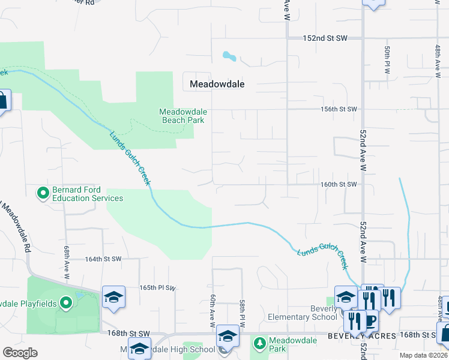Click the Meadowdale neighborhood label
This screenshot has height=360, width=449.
coord(217,85)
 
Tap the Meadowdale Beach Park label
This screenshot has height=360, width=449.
coord(182,116)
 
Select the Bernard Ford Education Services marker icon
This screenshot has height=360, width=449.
coord(43,193)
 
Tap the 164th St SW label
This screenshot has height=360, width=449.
coord(103,259)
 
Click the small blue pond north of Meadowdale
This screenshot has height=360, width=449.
coord(229,56)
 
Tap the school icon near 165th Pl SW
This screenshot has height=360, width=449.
coord(113,297)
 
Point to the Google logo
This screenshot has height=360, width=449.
coord(20,353)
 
